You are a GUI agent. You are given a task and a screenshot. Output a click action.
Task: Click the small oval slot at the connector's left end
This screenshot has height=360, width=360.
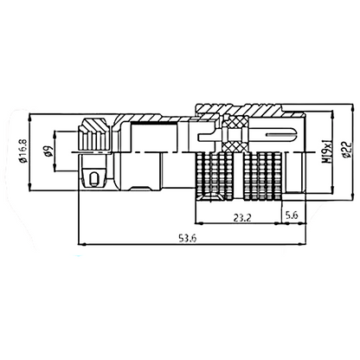pos(93,179)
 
